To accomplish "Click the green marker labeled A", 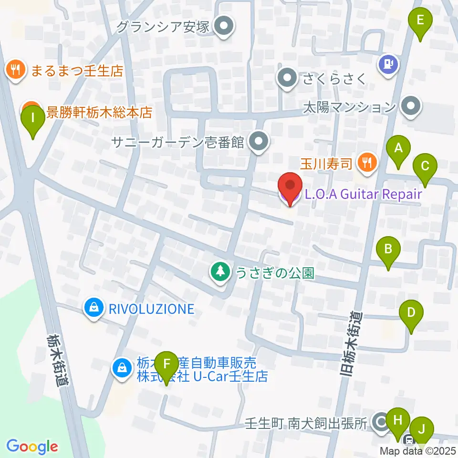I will pyautogui.click(x=398, y=152).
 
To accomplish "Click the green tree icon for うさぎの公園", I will pyautogui.click(x=220, y=272).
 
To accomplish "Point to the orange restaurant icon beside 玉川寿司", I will pyautogui.click(x=367, y=163).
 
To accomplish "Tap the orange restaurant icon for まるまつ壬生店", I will pyautogui.click(x=16, y=71).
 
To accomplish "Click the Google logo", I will pyautogui.click(x=32, y=447).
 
